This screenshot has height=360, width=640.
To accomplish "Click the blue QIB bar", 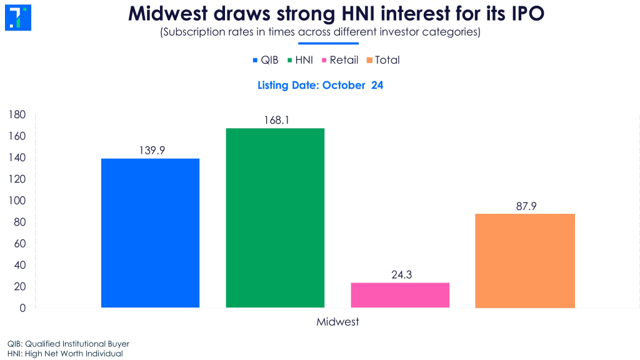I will pyautogui.click(x=150, y=232).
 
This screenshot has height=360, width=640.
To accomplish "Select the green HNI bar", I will pyautogui.click(x=275, y=217).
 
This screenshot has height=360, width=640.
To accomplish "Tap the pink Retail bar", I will pyautogui.click(x=400, y=295).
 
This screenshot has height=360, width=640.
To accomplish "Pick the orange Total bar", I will pyautogui.click(x=524, y=261).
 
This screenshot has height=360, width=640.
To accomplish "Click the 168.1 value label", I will pyautogui.click(x=275, y=119).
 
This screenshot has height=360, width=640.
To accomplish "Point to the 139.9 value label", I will pyautogui.click(x=150, y=150).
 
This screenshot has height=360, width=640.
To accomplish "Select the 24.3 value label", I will pyautogui.click(x=400, y=274).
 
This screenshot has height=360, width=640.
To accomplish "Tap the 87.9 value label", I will pyautogui.click(x=524, y=206).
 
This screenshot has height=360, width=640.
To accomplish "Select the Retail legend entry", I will pyautogui.click(x=340, y=60).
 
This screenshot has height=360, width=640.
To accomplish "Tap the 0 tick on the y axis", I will pyautogui.click(x=22, y=308).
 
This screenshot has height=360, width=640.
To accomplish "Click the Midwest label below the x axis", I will pyautogui.click(x=337, y=322).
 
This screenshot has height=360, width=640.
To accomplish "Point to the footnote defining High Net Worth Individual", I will pyautogui.click(x=65, y=354).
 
